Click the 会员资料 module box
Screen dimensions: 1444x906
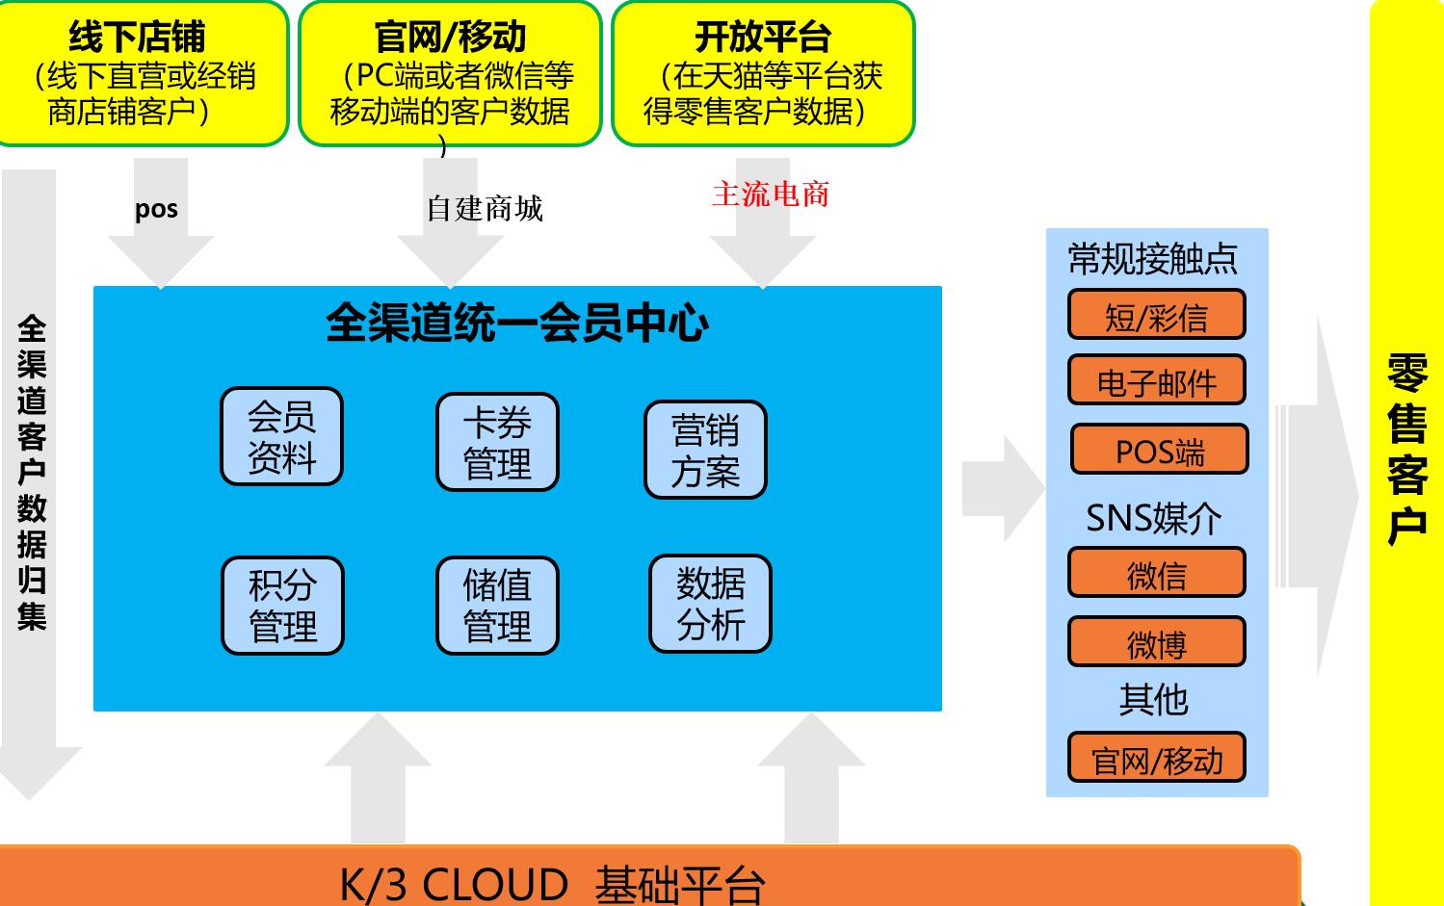tap(281, 436)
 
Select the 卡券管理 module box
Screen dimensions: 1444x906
tap(497, 442)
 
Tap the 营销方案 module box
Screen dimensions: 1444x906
tap(705, 450)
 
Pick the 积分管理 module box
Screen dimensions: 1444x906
tap(282, 606)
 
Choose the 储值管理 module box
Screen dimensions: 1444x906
tap(497, 606)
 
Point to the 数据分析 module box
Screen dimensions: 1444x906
tap(710, 604)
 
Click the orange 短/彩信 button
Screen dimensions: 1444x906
tap(1157, 315)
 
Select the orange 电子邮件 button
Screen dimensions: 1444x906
tap(1157, 380)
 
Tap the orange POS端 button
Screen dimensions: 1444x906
tap(1160, 449)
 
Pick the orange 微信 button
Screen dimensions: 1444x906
tap(1157, 572)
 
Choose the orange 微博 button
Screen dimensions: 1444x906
tap(1157, 642)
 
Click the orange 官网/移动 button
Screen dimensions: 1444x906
tap(1157, 757)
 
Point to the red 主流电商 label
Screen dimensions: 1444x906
tap(771, 194)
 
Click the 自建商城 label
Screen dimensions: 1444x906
tap(485, 209)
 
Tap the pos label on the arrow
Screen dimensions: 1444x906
tap(156, 210)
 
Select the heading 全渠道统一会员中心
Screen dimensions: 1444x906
tap(517, 323)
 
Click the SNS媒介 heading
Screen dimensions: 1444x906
tap(1153, 518)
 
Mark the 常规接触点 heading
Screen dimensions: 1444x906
tap(1153, 258)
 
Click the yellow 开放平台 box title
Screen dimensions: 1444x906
tap(763, 37)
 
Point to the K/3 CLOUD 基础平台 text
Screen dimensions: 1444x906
tap(552, 884)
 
